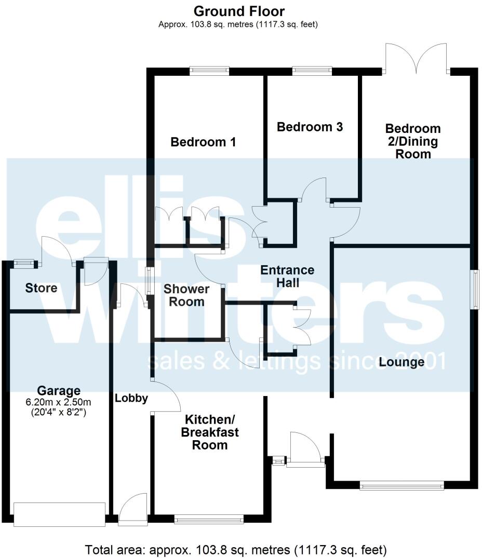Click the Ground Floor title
pyautogui.click(x=239, y=11)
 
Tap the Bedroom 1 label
pyautogui.click(x=204, y=142)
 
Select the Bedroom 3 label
pyautogui.click(x=310, y=127)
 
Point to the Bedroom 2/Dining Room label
pyautogui.click(x=412, y=141)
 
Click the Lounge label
pyautogui.click(x=401, y=362)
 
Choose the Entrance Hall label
pyautogui.click(x=287, y=276)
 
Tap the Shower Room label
pyautogui.click(x=186, y=295)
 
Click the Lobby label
pyautogui.click(x=131, y=399)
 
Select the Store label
pyautogui.click(x=41, y=288)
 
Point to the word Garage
pyautogui.click(x=59, y=391)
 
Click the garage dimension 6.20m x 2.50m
pyautogui.click(x=59, y=402)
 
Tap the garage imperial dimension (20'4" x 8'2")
pyautogui.click(x=59, y=413)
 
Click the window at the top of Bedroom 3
pyautogui.click(x=312, y=71)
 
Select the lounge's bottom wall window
pyautogui.click(x=401, y=486)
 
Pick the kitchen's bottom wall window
pyautogui.click(x=209, y=518)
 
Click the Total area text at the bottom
pyautogui.click(x=236, y=549)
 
